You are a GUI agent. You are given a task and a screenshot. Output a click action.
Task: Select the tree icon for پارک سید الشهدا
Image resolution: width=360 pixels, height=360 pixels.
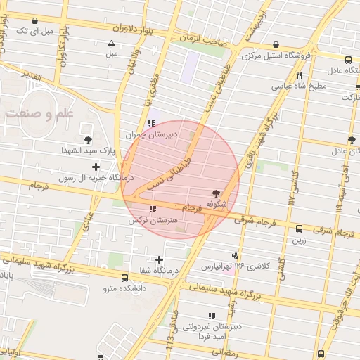pos(88,140)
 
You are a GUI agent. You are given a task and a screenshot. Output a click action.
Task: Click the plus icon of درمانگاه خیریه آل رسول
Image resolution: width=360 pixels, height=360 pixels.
pos(96,167)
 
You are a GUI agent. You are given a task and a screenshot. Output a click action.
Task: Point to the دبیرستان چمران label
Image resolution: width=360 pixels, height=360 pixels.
pos(152,134)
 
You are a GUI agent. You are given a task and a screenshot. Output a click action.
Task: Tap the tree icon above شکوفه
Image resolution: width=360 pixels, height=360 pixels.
pos(215,193)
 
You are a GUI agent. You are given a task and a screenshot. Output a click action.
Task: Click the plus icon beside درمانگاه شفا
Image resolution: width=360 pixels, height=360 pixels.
pos(160,259)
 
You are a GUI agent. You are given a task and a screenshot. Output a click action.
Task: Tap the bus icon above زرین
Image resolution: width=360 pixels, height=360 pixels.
pos(300,229)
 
